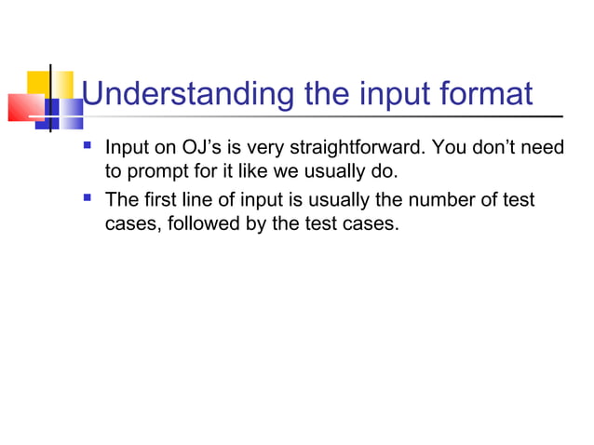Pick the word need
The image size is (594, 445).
pos(547,148)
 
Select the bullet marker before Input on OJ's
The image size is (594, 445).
pos(88,146)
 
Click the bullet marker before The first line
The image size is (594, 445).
pos(88,197)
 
